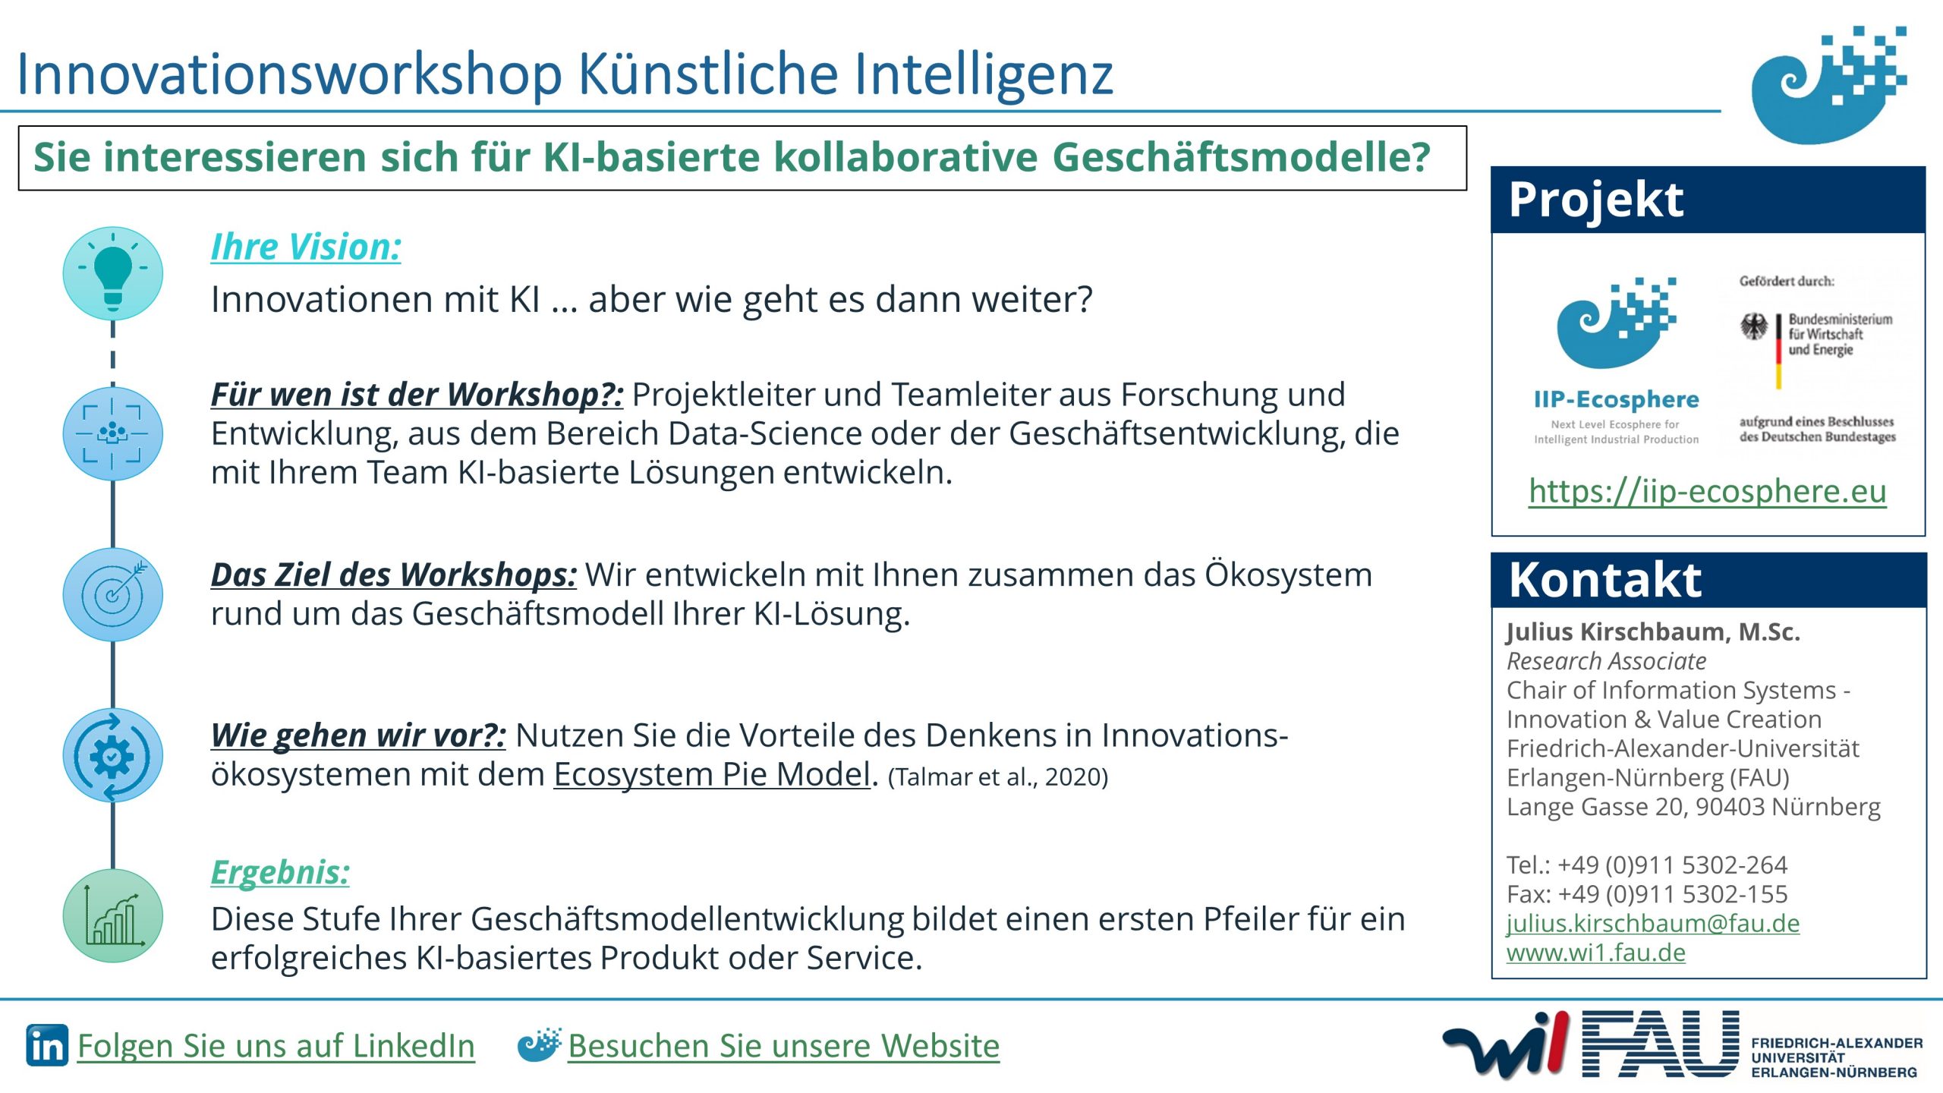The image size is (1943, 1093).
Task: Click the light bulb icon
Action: (x=112, y=274)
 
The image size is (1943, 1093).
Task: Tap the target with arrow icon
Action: (x=112, y=594)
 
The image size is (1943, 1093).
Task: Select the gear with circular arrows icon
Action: (x=112, y=755)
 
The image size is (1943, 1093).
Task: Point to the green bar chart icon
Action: (x=112, y=916)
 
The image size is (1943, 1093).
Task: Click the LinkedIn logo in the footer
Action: (x=47, y=1045)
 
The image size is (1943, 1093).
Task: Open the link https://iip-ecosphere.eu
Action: (x=1707, y=491)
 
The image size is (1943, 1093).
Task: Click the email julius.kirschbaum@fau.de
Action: (x=1653, y=923)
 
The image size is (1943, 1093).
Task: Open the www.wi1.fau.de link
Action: (x=1595, y=953)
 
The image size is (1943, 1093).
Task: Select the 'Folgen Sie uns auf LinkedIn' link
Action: (x=276, y=1046)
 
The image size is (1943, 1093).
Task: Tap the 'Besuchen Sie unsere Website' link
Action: (x=783, y=1046)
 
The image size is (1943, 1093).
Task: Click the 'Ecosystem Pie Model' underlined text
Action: (x=712, y=774)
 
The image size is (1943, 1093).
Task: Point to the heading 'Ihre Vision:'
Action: (x=306, y=247)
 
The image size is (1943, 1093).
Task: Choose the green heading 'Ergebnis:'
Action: (x=280, y=872)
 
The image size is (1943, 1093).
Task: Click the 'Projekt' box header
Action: (x=1708, y=200)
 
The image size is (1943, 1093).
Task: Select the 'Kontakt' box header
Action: (x=1708, y=580)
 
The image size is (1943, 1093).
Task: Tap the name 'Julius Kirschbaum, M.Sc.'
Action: (x=1653, y=632)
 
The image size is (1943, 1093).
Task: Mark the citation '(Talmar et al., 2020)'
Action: (x=998, y=777)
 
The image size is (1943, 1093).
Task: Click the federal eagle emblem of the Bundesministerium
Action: (x=1754, y=327)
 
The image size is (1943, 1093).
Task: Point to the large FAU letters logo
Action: (x=1660, y=1044)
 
